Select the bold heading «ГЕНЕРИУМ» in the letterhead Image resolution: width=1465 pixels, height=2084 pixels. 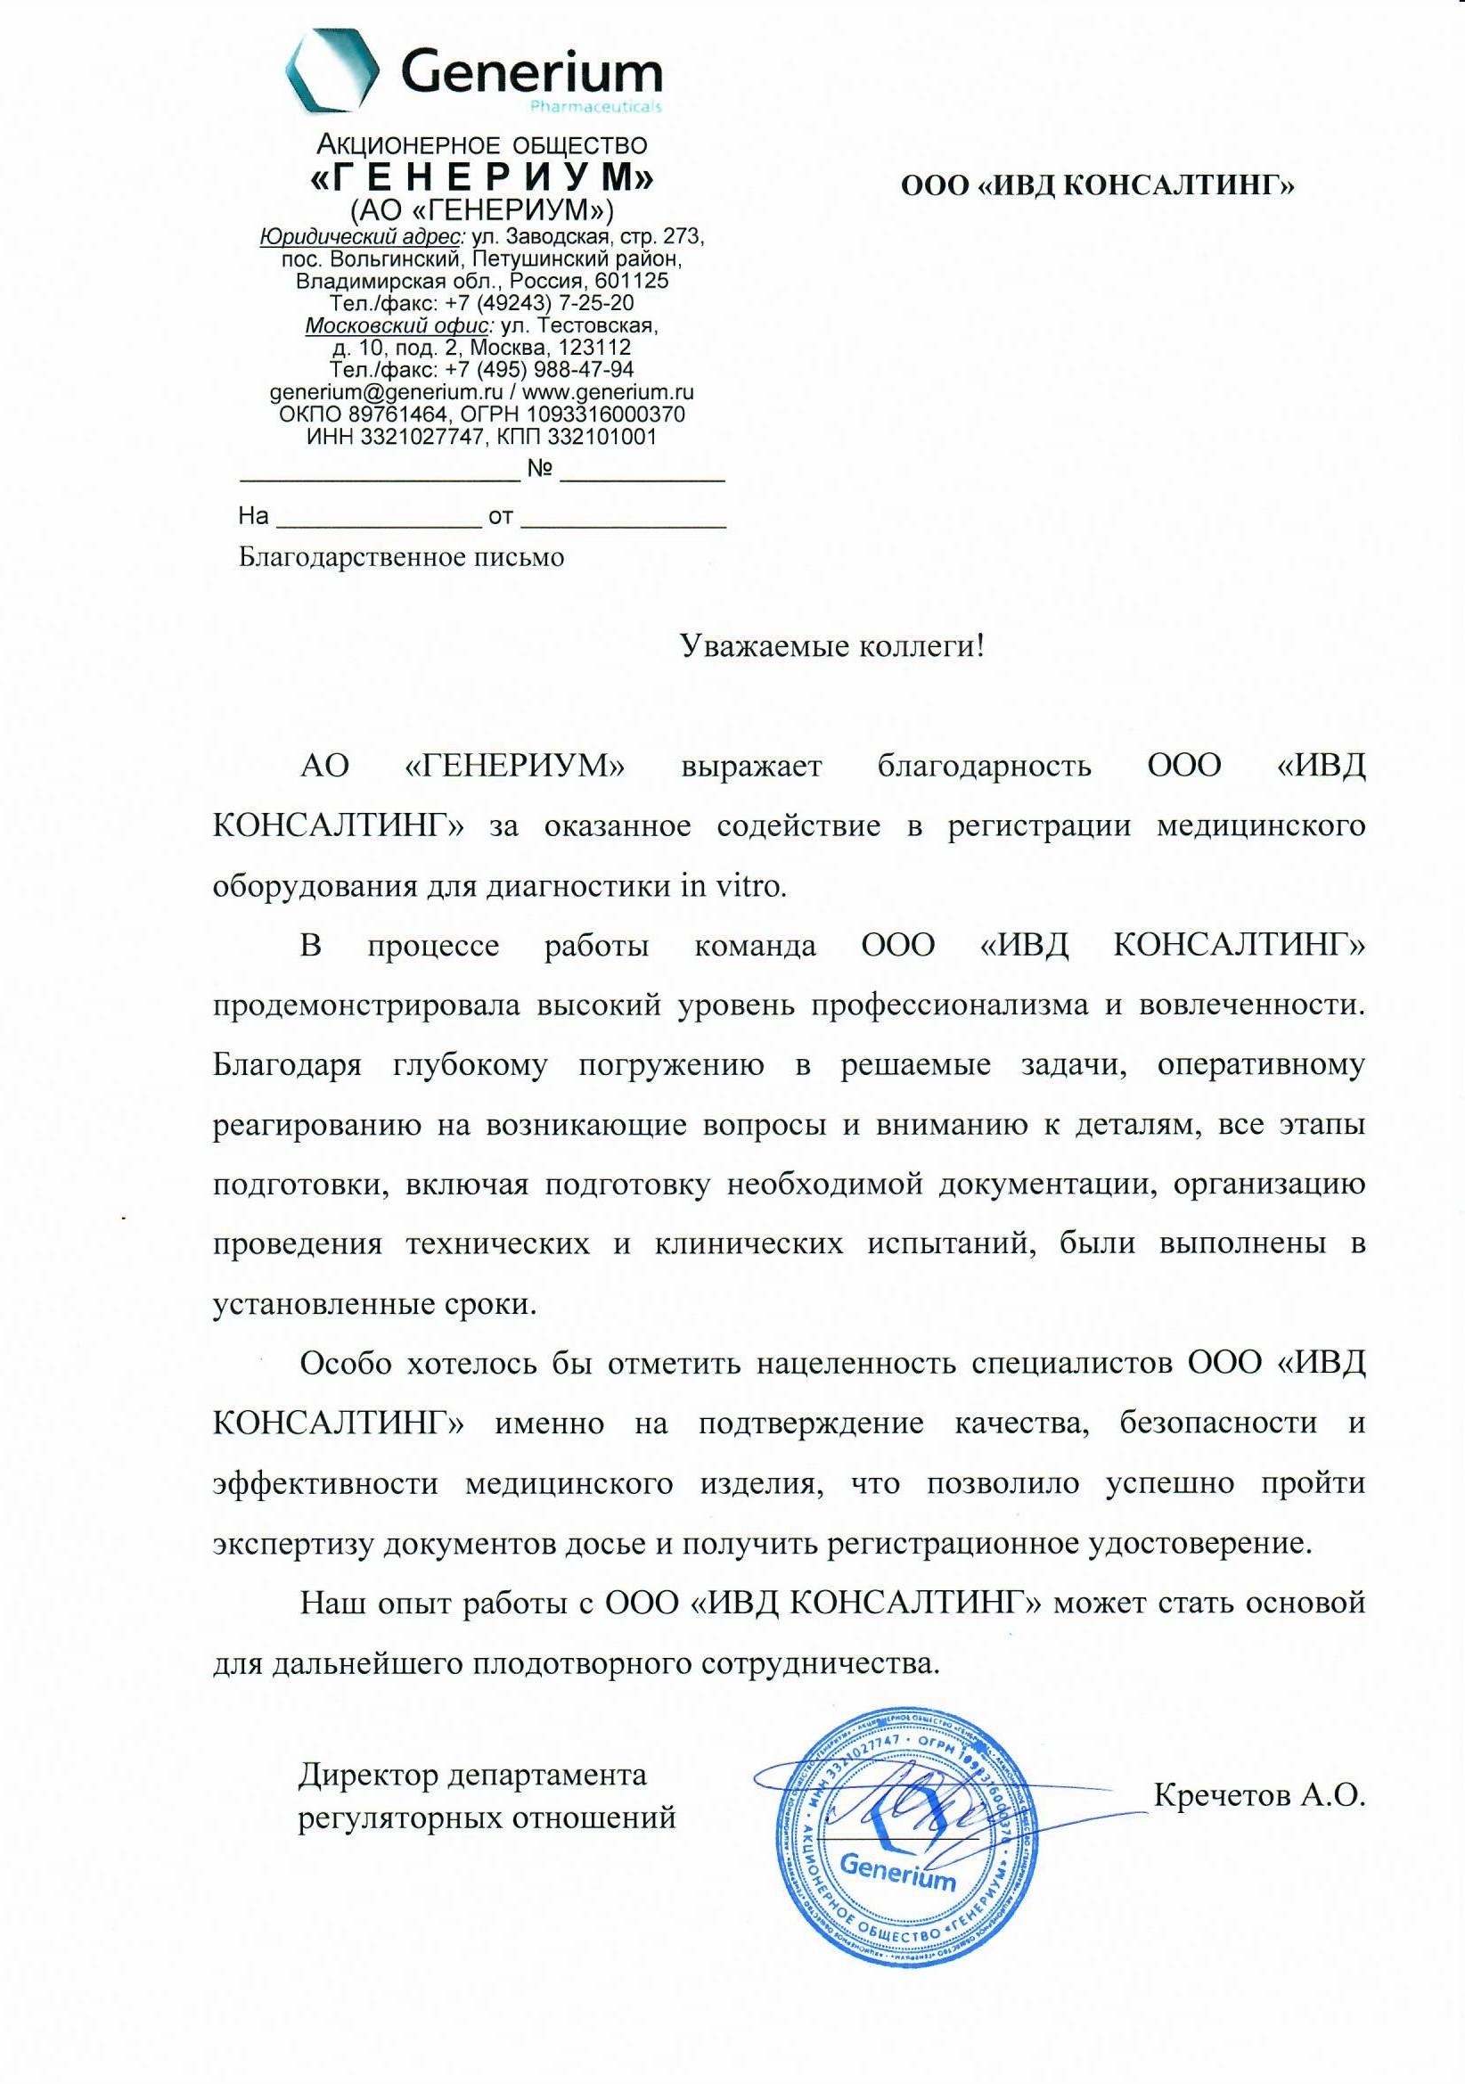coord(481,177)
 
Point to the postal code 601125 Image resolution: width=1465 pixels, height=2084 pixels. coord(632,282)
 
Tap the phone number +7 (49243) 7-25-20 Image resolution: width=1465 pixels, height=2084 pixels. coord(539,303)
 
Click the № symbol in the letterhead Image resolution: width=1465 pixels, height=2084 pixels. coord(541,469)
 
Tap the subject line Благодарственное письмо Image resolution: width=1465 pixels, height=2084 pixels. coord(401,556)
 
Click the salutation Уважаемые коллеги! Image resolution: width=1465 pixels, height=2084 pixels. coord(832,646)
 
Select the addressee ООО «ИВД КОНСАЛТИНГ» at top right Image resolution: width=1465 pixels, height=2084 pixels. coord(1097,186)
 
